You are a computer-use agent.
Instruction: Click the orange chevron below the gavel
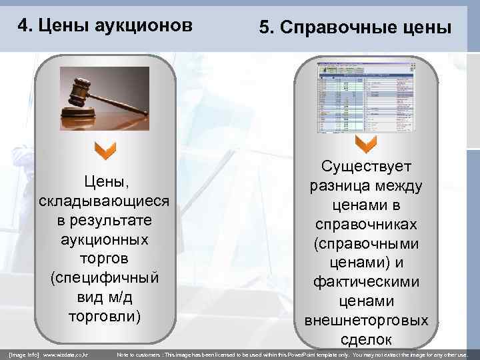click(x=105, y=151)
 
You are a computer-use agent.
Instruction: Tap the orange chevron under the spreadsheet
click(x=366, y=143)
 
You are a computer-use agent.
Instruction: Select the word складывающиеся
click(x=105, y=201)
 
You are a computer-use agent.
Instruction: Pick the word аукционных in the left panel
click(x=105, y=239)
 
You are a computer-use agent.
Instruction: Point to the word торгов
click(x=105, y=257)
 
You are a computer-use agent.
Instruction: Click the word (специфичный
click(x=105, y=276)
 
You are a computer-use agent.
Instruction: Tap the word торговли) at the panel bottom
click(x=105, y=314)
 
